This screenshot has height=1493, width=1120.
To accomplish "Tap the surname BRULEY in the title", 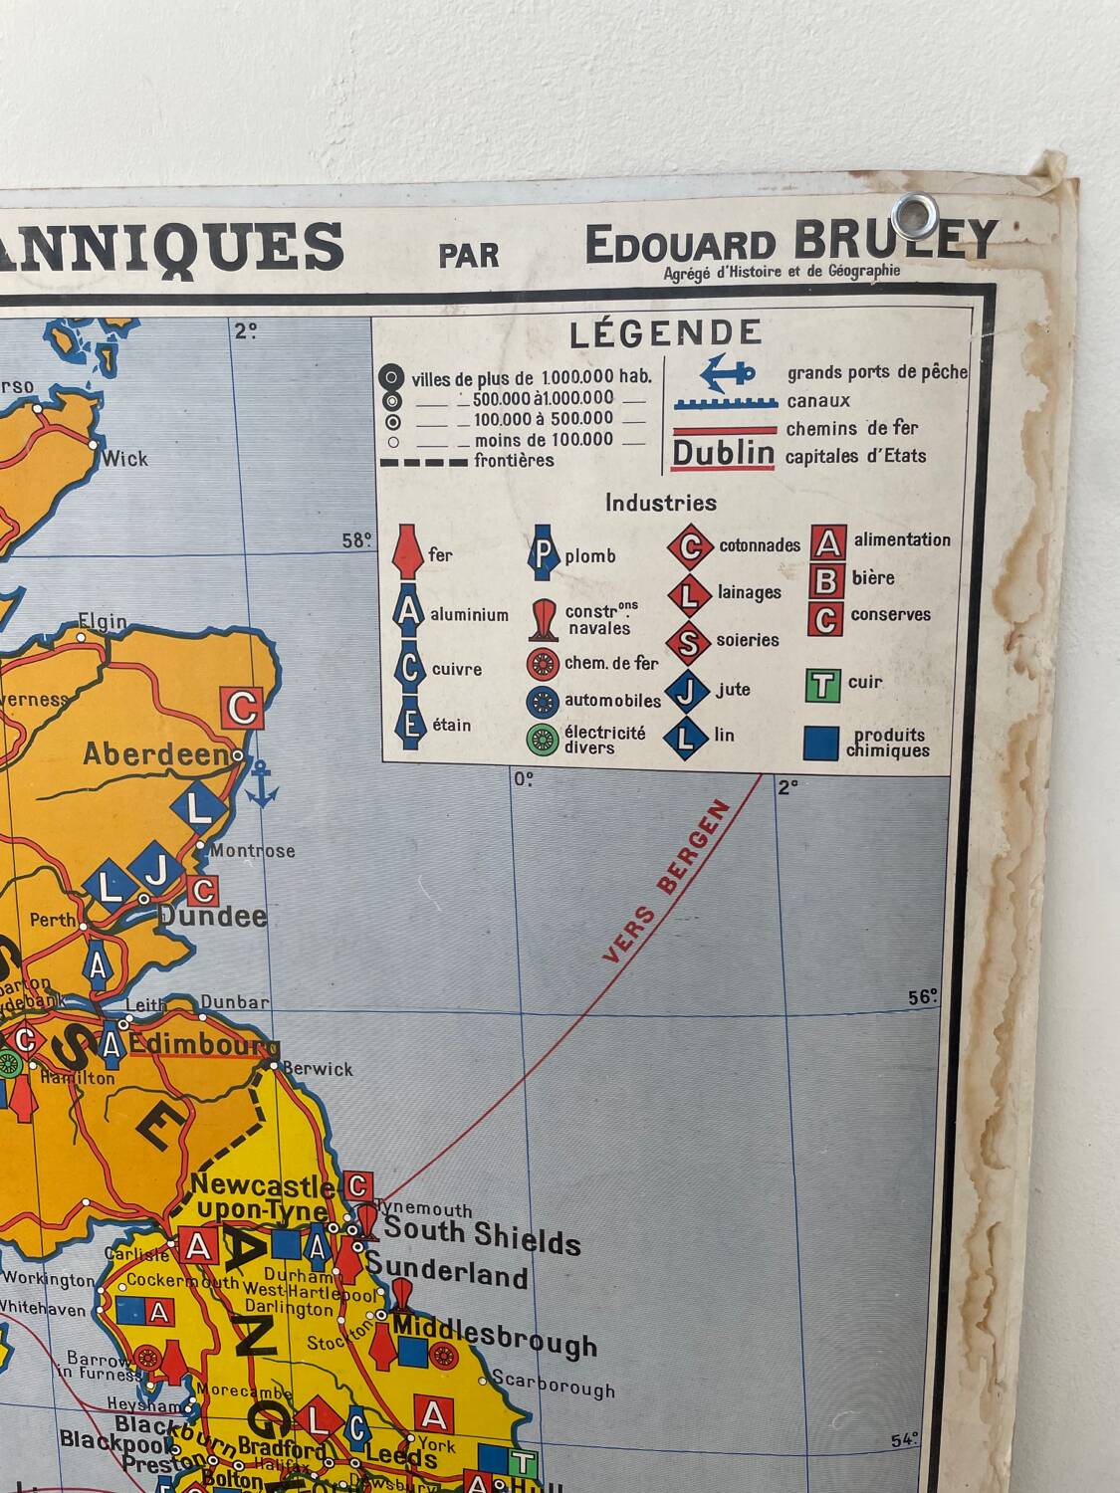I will pos(895,239).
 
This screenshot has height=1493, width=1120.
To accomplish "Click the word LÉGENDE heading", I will pos(665,333).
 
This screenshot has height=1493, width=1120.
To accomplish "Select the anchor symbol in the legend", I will pos(728,373).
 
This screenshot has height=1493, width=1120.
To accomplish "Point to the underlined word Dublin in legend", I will pos(724,454).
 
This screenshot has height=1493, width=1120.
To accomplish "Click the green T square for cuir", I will pos(822,685).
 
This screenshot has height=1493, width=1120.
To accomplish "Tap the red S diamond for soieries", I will pos(688,642).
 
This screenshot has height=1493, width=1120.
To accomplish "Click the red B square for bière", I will pos(826,579).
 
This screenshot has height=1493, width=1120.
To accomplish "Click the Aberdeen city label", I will pos(157,753).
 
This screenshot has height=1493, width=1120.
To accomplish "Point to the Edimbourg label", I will pos(203,1046).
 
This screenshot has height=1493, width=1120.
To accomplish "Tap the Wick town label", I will pos(124,459).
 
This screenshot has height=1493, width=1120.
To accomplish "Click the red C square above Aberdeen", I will pos(243,708).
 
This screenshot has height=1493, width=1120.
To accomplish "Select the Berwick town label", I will pos(318,1069).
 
